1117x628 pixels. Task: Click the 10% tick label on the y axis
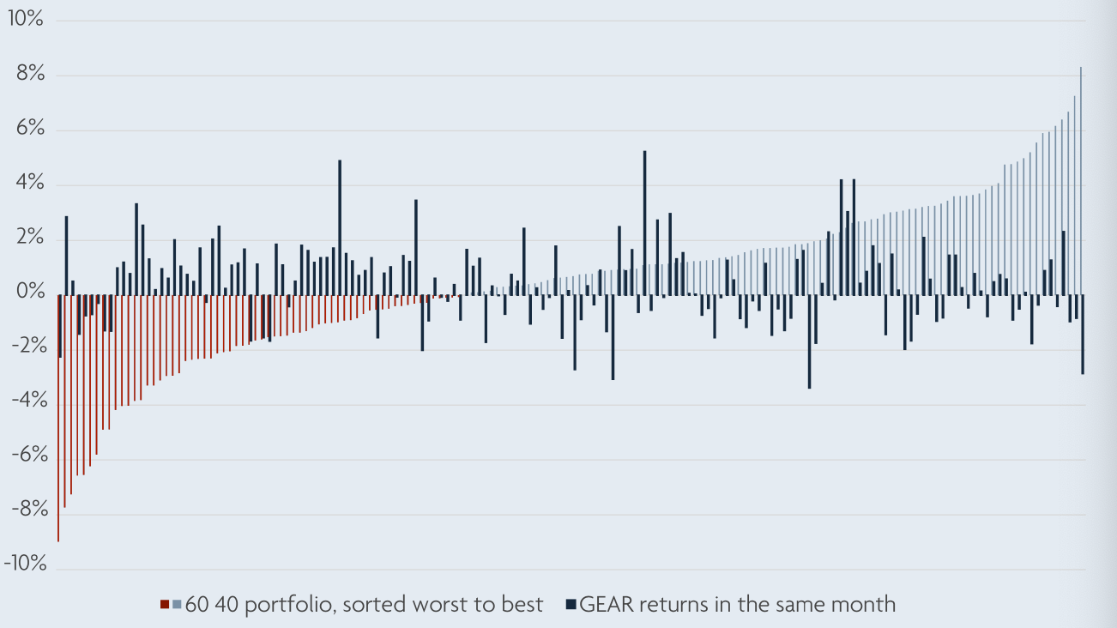click(x=25, y=20)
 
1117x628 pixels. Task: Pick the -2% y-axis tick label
click(x=26, y=349)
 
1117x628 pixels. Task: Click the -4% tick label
click(x=26, y=404)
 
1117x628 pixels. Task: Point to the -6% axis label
click(x=26, y=459)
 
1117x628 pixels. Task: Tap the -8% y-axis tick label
click(x=26, y=514)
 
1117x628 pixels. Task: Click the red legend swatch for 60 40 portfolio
click(x=164, y=605)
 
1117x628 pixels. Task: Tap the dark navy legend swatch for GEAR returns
click(x=571, y=605)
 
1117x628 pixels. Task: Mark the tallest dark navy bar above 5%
click(x=644, y=223)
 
